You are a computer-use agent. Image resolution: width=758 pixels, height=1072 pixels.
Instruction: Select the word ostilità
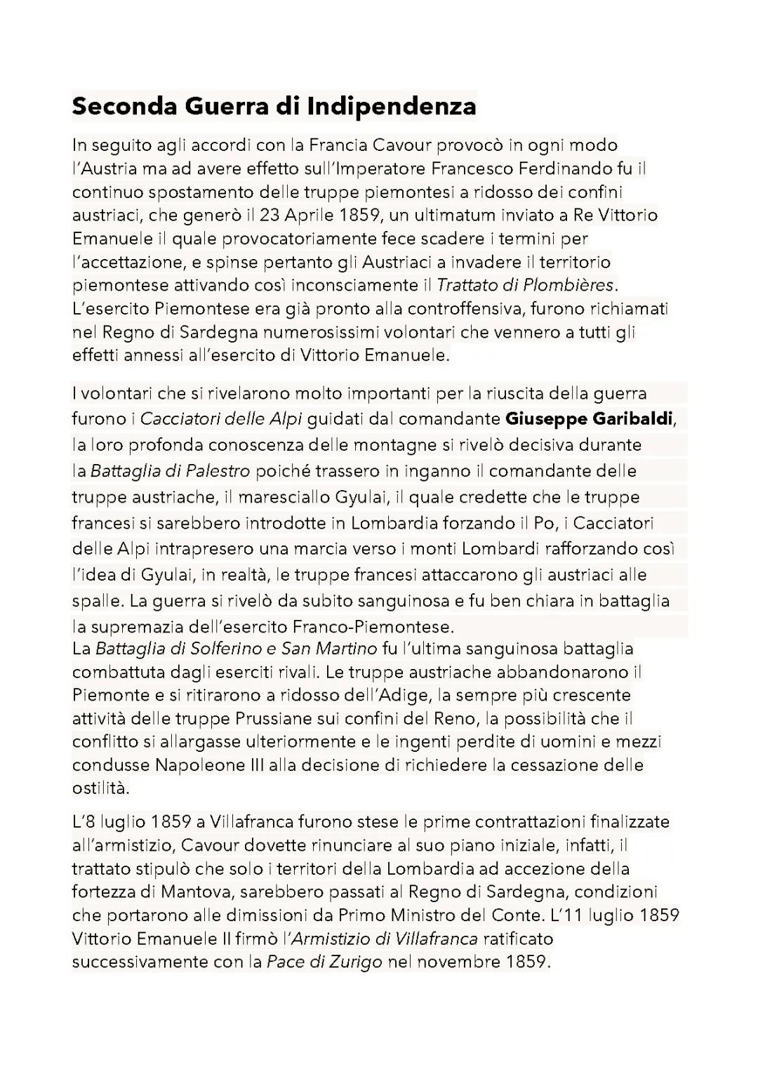[100, 788]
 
